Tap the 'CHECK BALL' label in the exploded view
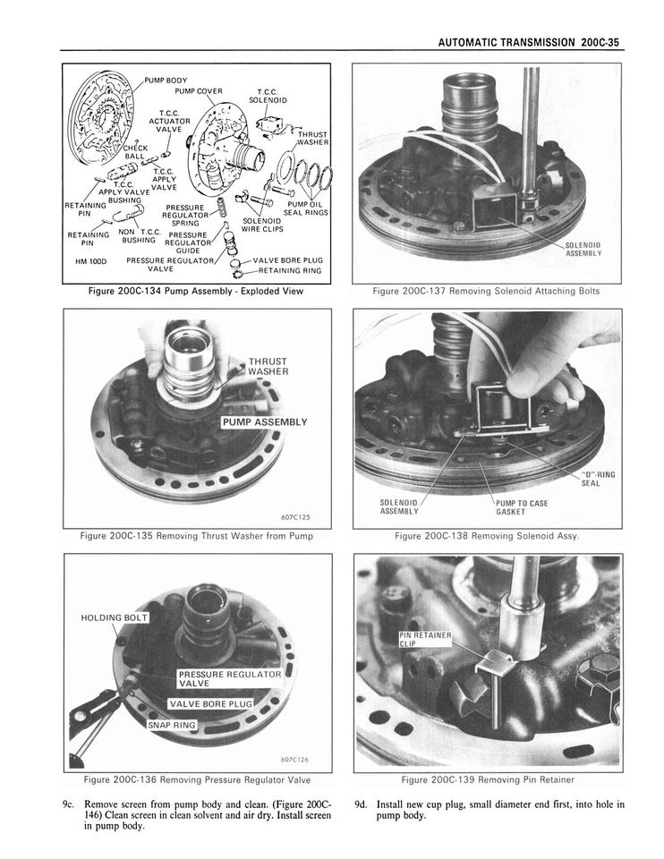133,151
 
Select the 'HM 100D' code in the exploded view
91,261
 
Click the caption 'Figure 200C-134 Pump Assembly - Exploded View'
195,291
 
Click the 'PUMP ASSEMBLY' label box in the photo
265,422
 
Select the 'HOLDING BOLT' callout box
114,617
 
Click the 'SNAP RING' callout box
171,724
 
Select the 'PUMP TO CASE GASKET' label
523,507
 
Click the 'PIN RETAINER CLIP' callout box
427,641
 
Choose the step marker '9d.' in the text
361,804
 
